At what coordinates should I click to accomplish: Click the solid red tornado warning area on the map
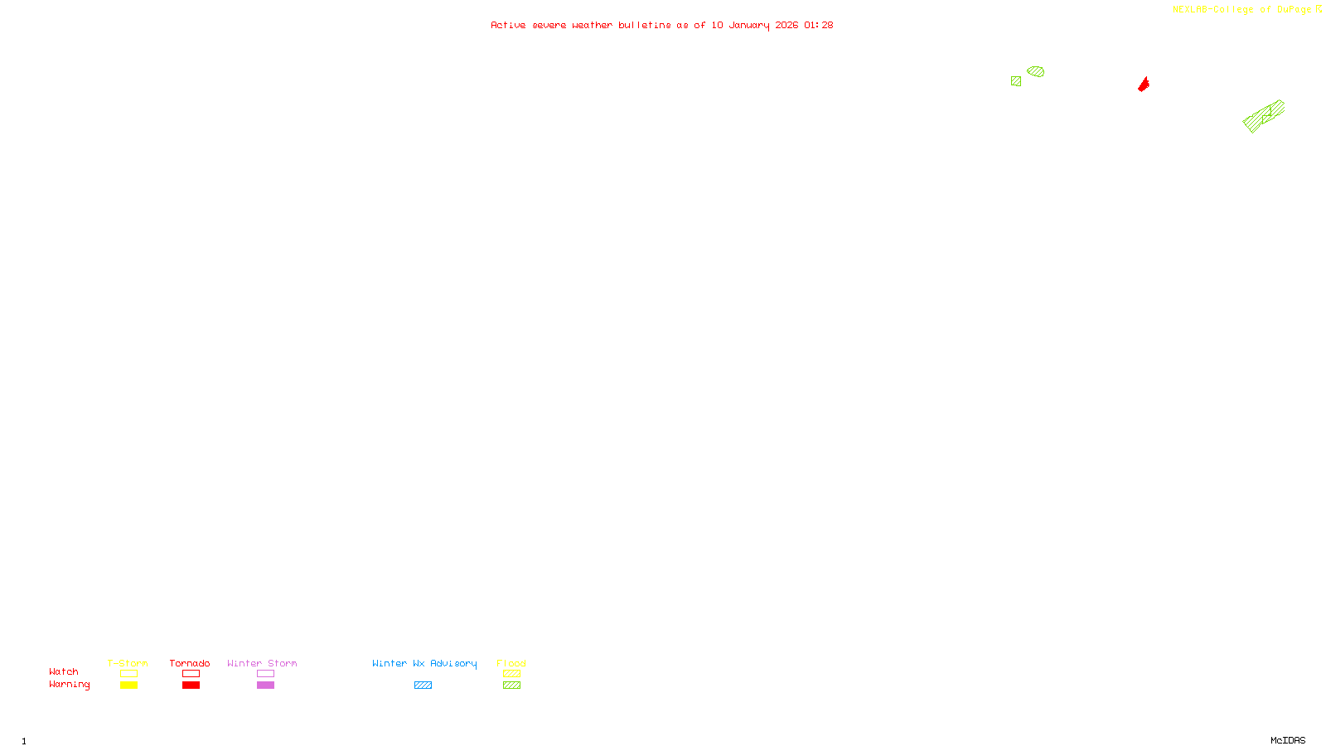(1144, 85)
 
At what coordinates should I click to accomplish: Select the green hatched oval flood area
(1035, 71)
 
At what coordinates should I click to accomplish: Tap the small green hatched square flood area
(1016, 81)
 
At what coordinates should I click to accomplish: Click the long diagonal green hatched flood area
(1263, 116)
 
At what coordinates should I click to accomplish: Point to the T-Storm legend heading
(128, 663)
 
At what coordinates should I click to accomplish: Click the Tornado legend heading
(190, 663)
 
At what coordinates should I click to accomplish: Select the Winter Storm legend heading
(262, 663)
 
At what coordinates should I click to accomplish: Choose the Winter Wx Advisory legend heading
(424, 663)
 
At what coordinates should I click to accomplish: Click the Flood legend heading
(511, 663)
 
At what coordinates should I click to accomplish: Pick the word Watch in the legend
(64, 671)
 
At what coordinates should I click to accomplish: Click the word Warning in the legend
(69, 685)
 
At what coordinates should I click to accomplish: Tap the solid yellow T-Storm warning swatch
(128, 685)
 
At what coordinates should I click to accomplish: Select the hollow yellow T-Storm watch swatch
(128, 674)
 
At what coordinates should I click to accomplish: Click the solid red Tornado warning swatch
(191, 685)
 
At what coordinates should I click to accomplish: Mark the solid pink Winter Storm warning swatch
(265, 685)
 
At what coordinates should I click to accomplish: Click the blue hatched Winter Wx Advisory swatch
(423, 685)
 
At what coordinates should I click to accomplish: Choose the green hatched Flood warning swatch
(511, 685)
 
